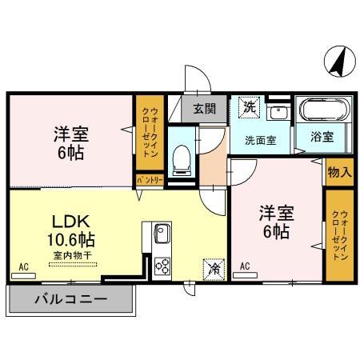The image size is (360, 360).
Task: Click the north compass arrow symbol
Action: [x=338, y=62]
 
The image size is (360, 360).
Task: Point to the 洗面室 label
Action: [x=260, y=139]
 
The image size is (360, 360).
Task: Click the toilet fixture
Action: [x=181, y=160]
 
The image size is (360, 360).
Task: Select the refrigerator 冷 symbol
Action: [x=214, y=269]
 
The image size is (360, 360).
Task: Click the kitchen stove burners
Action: [x=162, y=266]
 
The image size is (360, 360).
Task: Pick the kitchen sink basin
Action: [x=162, y=234]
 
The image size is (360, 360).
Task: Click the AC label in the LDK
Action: [x=23, y=267]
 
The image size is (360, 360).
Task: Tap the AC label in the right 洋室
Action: [x=245, y=267]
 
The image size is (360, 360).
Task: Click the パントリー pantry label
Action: [x=149, y=181]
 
